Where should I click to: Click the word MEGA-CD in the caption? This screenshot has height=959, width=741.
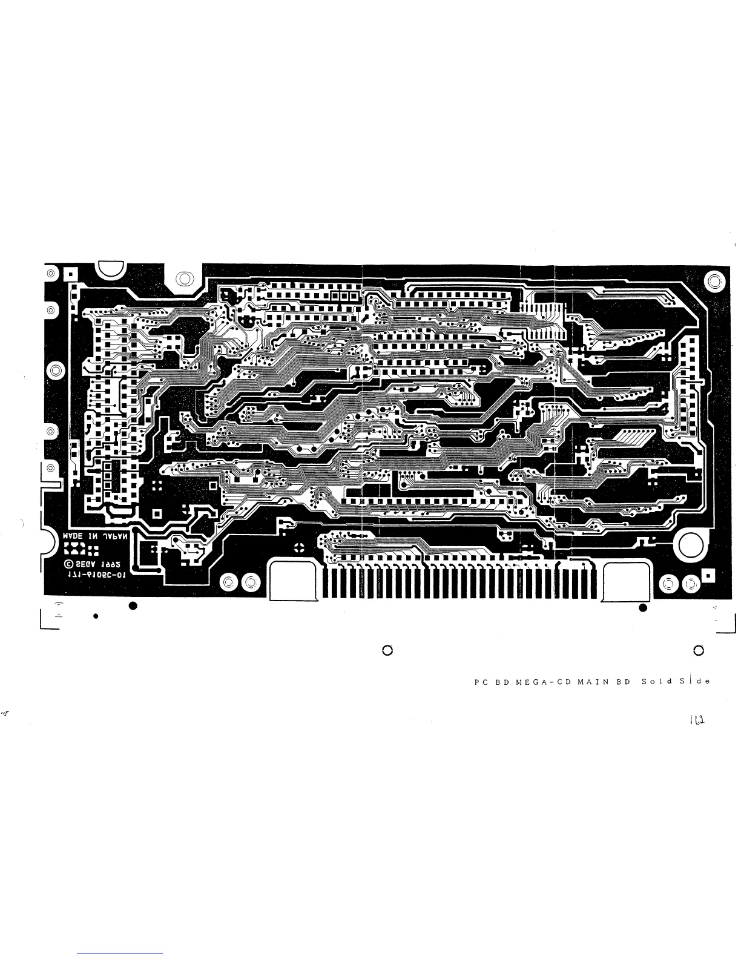click(542, 682)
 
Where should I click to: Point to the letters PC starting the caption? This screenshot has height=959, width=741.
click(481, 682)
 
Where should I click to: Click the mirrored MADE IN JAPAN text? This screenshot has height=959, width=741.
click(97, 537)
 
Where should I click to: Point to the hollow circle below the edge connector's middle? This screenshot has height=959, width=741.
click(388, 651)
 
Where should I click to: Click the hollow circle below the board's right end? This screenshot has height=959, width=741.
click(699, 651)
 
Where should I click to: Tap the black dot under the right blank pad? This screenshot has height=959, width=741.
click(643, 607)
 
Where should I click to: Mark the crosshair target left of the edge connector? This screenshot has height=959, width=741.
click(298, 548)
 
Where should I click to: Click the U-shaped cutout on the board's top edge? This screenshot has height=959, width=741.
click(110, 271)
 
